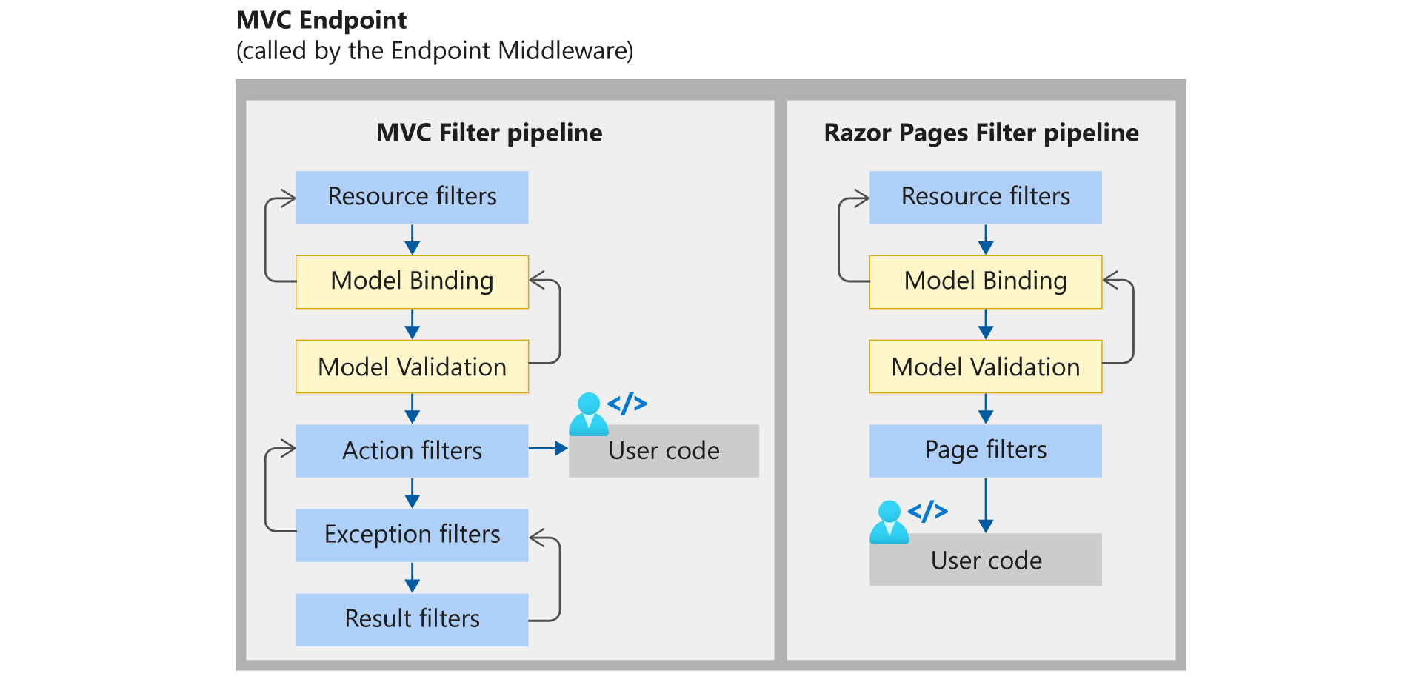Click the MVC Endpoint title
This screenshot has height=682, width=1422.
321,21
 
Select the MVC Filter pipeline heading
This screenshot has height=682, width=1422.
489,133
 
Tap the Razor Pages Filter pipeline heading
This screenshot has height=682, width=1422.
981,133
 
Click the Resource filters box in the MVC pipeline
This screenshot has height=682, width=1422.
412,198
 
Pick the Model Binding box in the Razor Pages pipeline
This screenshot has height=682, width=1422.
986,282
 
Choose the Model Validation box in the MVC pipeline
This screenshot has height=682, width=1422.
412,367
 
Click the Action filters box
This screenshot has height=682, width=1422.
412,451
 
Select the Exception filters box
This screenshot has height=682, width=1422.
412,535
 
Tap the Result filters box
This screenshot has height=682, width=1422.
412,620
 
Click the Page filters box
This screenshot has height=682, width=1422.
986,451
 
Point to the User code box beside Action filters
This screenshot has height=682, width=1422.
664,451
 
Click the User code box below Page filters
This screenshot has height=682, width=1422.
986,560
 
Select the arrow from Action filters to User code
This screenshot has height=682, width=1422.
548,448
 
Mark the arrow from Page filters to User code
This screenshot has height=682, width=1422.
986,506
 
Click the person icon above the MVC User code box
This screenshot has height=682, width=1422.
589,414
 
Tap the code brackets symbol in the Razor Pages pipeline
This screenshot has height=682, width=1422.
928,511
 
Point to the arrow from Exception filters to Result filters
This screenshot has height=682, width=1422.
413,578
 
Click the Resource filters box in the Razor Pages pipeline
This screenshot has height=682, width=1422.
986,198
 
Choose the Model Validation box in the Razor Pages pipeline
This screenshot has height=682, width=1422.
986,367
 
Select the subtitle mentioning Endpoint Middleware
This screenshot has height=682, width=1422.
435,51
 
